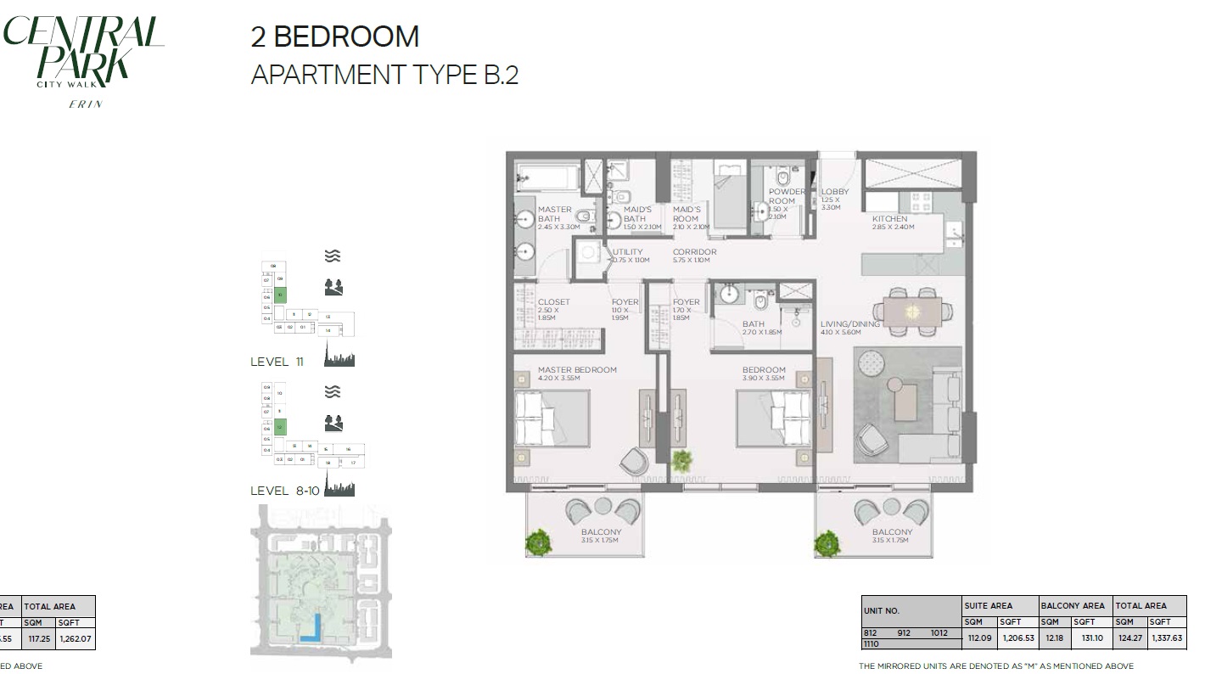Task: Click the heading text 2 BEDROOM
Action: [x=334, y=37]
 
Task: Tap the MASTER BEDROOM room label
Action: [x=577, y=370]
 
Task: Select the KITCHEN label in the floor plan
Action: [x=889, y=219]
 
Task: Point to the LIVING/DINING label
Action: [x=849, y=323]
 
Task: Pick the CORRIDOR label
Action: [x=694, y=252]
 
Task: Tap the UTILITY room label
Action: [x=628, y=252]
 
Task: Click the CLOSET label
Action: [x=553, y=302]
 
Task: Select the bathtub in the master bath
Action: [x=547, y=179]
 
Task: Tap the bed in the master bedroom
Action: [x=552, y=418]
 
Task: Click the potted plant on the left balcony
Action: [x=537, y=542]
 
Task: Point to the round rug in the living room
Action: [x=872, y=362]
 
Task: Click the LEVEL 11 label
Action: [x=277, y=362]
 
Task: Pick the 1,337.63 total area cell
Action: [x=1167, y=637]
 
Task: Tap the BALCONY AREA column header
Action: [x=1074, y=606]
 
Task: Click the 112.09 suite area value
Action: [x=978, y=637]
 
